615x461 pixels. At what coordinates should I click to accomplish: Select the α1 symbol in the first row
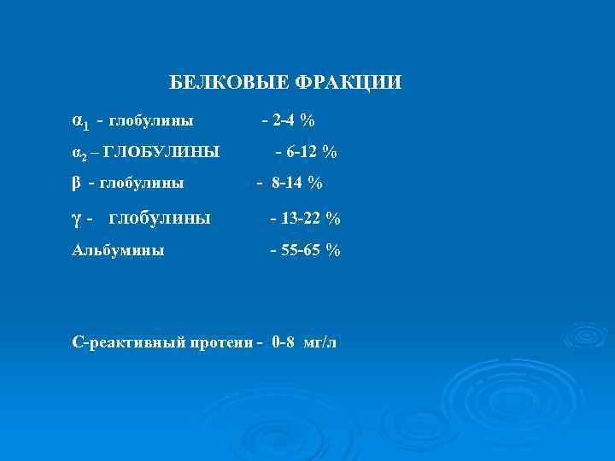click(x=79, y=122)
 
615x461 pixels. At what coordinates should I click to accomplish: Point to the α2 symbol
click(x=78, y=153)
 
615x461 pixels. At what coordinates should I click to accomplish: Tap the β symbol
click(x=76, y=182)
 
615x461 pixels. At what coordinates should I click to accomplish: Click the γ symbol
click(x=76, y=219)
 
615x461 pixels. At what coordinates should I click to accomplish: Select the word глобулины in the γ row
click(x=160, y=219)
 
